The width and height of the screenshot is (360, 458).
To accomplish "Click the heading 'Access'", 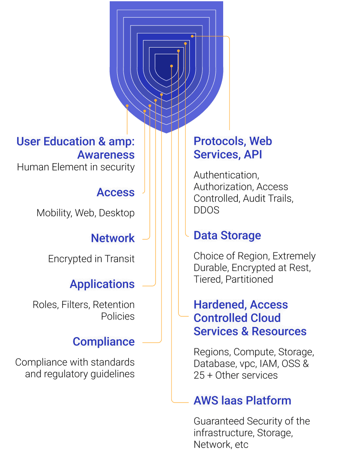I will pos(116,192).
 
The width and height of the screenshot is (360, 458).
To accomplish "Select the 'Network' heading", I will pos(113,238).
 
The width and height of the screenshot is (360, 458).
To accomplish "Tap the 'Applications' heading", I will pos(102,284).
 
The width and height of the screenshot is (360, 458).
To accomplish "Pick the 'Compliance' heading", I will pos(103,342).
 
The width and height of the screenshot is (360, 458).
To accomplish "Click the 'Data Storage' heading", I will pos(227,236).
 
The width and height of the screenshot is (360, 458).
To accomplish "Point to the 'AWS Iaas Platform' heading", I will pos(242,401).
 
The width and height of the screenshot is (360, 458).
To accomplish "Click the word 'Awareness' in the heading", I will pos(106,155).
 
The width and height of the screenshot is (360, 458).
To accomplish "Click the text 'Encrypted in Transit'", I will pos(91,259).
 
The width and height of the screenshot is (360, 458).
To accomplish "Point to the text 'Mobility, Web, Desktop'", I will pos(86,213).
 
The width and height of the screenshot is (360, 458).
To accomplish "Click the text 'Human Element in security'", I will pos(76,167).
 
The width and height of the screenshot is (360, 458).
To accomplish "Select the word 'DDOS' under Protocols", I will pos(206,210).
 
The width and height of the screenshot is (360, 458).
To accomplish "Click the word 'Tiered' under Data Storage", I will pos(206,279).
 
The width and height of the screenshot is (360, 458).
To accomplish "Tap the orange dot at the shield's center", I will pos(171,66).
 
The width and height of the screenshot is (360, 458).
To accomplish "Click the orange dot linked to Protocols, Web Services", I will pos(192,36).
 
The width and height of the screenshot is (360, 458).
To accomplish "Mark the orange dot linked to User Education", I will pos(127,106).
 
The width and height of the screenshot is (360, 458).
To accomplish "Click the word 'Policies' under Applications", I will pos(118,316).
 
